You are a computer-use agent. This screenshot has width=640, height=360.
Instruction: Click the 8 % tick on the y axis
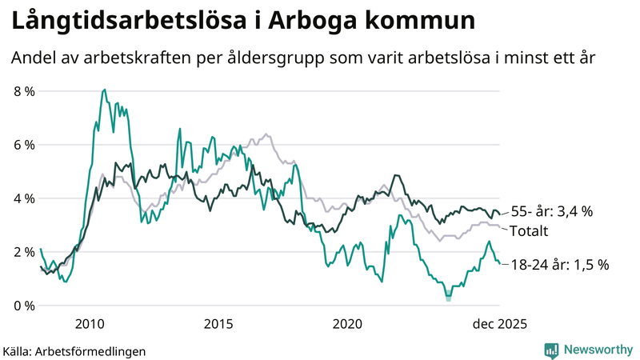tap(25, 91)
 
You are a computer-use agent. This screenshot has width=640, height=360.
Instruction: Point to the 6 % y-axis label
tap(25, 145)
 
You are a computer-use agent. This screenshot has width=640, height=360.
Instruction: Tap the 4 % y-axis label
tap(25, 198)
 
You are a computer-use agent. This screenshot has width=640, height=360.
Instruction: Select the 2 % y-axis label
tap(25, 252)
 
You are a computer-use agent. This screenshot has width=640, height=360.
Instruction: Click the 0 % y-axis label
tap(25, 306)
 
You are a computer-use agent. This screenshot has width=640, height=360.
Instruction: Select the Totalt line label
tap(529, 232)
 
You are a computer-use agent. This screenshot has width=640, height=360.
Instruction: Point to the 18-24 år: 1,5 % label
tap(560, 264)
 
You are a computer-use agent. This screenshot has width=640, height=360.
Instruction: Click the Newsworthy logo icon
tap(552, 350)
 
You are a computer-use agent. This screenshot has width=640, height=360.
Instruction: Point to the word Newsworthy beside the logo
tap(598, 350)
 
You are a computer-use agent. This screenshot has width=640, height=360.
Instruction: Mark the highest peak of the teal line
tap(104, 90)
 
